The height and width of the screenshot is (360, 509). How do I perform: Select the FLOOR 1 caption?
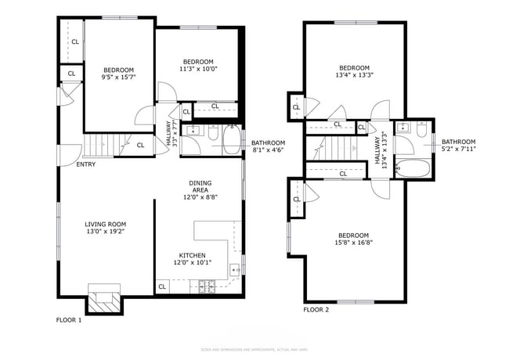[x=69, y=319]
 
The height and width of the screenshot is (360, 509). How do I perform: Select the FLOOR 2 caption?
[x=316, y=310]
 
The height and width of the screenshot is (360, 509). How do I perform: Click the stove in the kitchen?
[x=209, y=287]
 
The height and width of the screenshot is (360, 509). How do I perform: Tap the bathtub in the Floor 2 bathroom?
[x=413, y=168]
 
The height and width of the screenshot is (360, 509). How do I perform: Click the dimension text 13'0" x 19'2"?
[x=105, y=232]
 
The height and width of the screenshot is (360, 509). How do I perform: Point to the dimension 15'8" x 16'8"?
[x=354, y=243]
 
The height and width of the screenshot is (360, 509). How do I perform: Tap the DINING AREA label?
[x=200, y=189]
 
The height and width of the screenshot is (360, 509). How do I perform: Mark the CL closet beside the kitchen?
[x=162, y=286]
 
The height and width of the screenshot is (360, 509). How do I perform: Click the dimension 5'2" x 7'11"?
[x=458, y=149]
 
